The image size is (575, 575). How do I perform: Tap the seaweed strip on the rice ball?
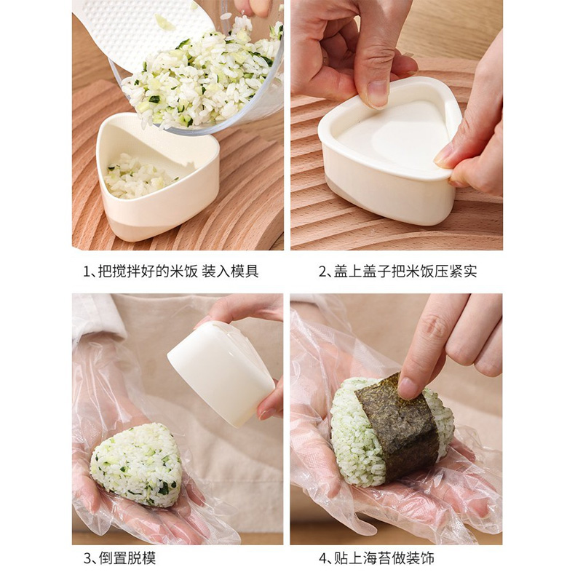coord(398,427)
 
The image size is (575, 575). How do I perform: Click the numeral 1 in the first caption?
coord(87,271)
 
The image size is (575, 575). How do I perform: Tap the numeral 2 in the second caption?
coord(322,271)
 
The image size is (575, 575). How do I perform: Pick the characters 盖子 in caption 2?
coord(376,271)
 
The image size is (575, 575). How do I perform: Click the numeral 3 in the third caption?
coord(87,558)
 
